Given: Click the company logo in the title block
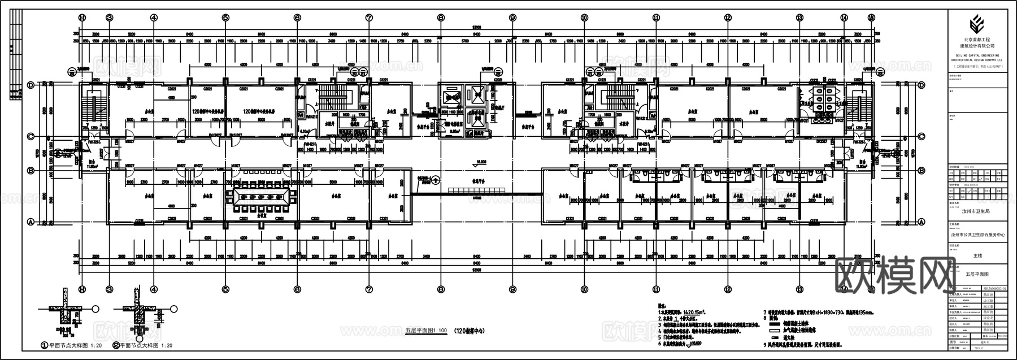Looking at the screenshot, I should pyautogui.click(x=976, y=26).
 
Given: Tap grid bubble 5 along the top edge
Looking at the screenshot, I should pyautogui.click(x=225, y=18).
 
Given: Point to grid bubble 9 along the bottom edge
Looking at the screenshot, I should pyautogui.click(x=512, y=289).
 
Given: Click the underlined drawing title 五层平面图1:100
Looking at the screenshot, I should pyautogui.click(x=427, y=330).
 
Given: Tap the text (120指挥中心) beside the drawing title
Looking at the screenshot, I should pyautogui.click(x=470, y=330).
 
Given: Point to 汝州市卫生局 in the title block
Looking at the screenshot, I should pyautogui.click(x=969, y=211).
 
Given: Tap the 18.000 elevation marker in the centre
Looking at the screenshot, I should pyautogui.click(x=481, y=162).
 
